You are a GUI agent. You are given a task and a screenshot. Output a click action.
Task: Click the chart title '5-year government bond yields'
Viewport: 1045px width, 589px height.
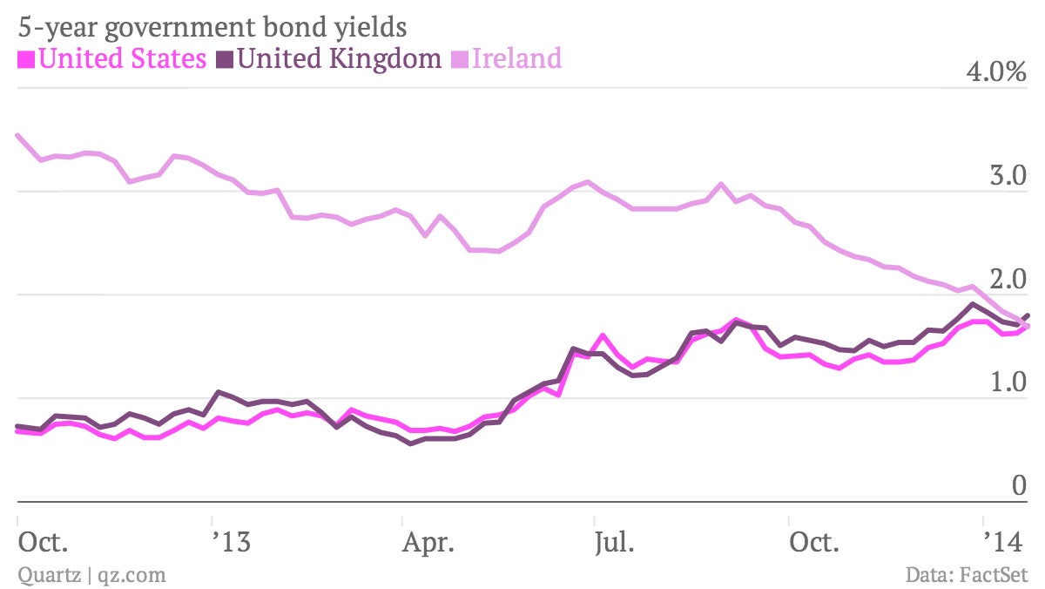click(212, 27)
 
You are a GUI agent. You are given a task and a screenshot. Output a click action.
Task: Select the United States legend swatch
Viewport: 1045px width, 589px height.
click(26, 60)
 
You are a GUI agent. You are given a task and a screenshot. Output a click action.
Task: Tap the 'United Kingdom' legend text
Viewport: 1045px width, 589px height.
click(339, 58)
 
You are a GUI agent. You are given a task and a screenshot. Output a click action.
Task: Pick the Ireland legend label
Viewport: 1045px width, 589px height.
click(517, 58)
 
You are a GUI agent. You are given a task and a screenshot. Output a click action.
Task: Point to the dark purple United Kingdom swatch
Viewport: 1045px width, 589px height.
click(225, 60)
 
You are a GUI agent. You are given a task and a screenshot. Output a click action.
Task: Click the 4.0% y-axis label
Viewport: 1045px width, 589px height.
click(996, 71)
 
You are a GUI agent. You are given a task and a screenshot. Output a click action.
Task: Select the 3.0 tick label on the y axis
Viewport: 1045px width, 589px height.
click(1008, 175)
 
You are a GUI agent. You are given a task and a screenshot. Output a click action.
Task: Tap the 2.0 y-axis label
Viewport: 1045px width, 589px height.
click(1008, 279)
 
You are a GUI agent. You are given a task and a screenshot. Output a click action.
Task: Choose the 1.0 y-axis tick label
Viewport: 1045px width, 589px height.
click(1008, 383)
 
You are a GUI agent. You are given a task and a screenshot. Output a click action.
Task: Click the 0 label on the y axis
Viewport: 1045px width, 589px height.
click(1020, 485)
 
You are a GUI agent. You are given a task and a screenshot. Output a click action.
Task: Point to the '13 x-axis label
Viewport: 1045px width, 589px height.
click(232, 542)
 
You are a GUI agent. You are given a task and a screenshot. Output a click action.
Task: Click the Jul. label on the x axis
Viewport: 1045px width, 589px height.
click(615, 542)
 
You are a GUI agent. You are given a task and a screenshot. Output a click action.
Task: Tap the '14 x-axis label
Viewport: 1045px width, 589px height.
click(1003, 542)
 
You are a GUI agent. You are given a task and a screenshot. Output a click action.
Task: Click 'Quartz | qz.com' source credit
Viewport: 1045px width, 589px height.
click(92, 575)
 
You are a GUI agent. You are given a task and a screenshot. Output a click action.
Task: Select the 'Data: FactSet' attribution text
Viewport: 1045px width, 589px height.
click(967, 574)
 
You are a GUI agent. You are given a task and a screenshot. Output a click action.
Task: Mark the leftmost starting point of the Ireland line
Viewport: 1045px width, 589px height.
click(17, 135)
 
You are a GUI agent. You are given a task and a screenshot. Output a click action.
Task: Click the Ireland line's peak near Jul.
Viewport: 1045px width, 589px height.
click(587, 181)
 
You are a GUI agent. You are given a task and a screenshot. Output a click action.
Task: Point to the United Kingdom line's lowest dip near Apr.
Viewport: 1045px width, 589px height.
click(410, 443)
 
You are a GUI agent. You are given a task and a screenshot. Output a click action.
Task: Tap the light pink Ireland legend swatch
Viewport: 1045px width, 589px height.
click(460, 60)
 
